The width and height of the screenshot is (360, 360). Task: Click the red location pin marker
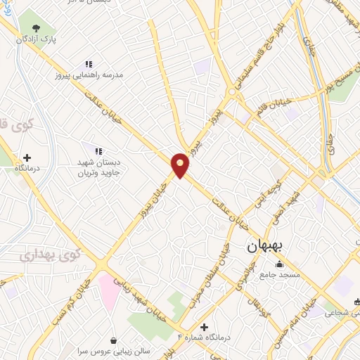(x=181, y=165)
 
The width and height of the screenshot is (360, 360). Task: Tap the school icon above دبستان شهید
(x=98, y=150)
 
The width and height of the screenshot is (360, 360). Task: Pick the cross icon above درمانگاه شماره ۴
(x=204, y=327)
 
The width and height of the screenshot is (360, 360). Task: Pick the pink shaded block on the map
(x=110, y=290)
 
